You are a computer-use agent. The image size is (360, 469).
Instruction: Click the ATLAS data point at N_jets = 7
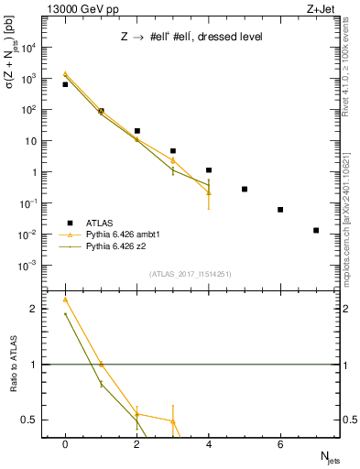(316, 231)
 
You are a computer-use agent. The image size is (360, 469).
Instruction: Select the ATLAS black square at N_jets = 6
(280, 210)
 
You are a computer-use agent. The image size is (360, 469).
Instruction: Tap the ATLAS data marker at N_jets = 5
(245, 190)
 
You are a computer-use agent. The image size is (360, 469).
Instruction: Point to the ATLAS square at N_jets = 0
(65, 84)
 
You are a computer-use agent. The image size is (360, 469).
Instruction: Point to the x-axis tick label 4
(209, 444)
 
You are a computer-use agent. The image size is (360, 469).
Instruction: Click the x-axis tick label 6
(280, 444)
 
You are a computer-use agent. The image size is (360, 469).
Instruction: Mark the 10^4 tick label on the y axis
(32, 48)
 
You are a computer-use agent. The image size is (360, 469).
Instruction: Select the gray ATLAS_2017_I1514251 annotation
(191, 274)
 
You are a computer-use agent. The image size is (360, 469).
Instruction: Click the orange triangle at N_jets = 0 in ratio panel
(65, 300)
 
